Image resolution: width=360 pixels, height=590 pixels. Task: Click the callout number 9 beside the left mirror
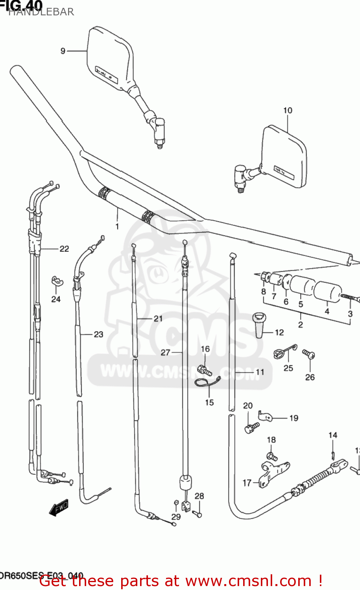click(63, 51)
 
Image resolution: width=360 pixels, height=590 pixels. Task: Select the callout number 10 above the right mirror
click(288, 111)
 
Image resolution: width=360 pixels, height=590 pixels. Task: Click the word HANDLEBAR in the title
click(41, 12)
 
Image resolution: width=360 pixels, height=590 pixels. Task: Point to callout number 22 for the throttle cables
click(64, 249)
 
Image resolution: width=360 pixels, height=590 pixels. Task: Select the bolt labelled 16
click(205, 369)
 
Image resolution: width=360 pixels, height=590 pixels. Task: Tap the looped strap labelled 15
click(208, 382)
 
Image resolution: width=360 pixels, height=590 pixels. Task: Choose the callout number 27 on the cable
click(165, 352)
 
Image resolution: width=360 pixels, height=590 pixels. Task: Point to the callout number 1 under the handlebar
click(117, 226)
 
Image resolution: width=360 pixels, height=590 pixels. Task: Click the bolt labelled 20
click(251, 427)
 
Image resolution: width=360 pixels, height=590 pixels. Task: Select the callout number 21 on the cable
click(158, 318)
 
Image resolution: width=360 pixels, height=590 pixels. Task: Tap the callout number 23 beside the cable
click(98, 334)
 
